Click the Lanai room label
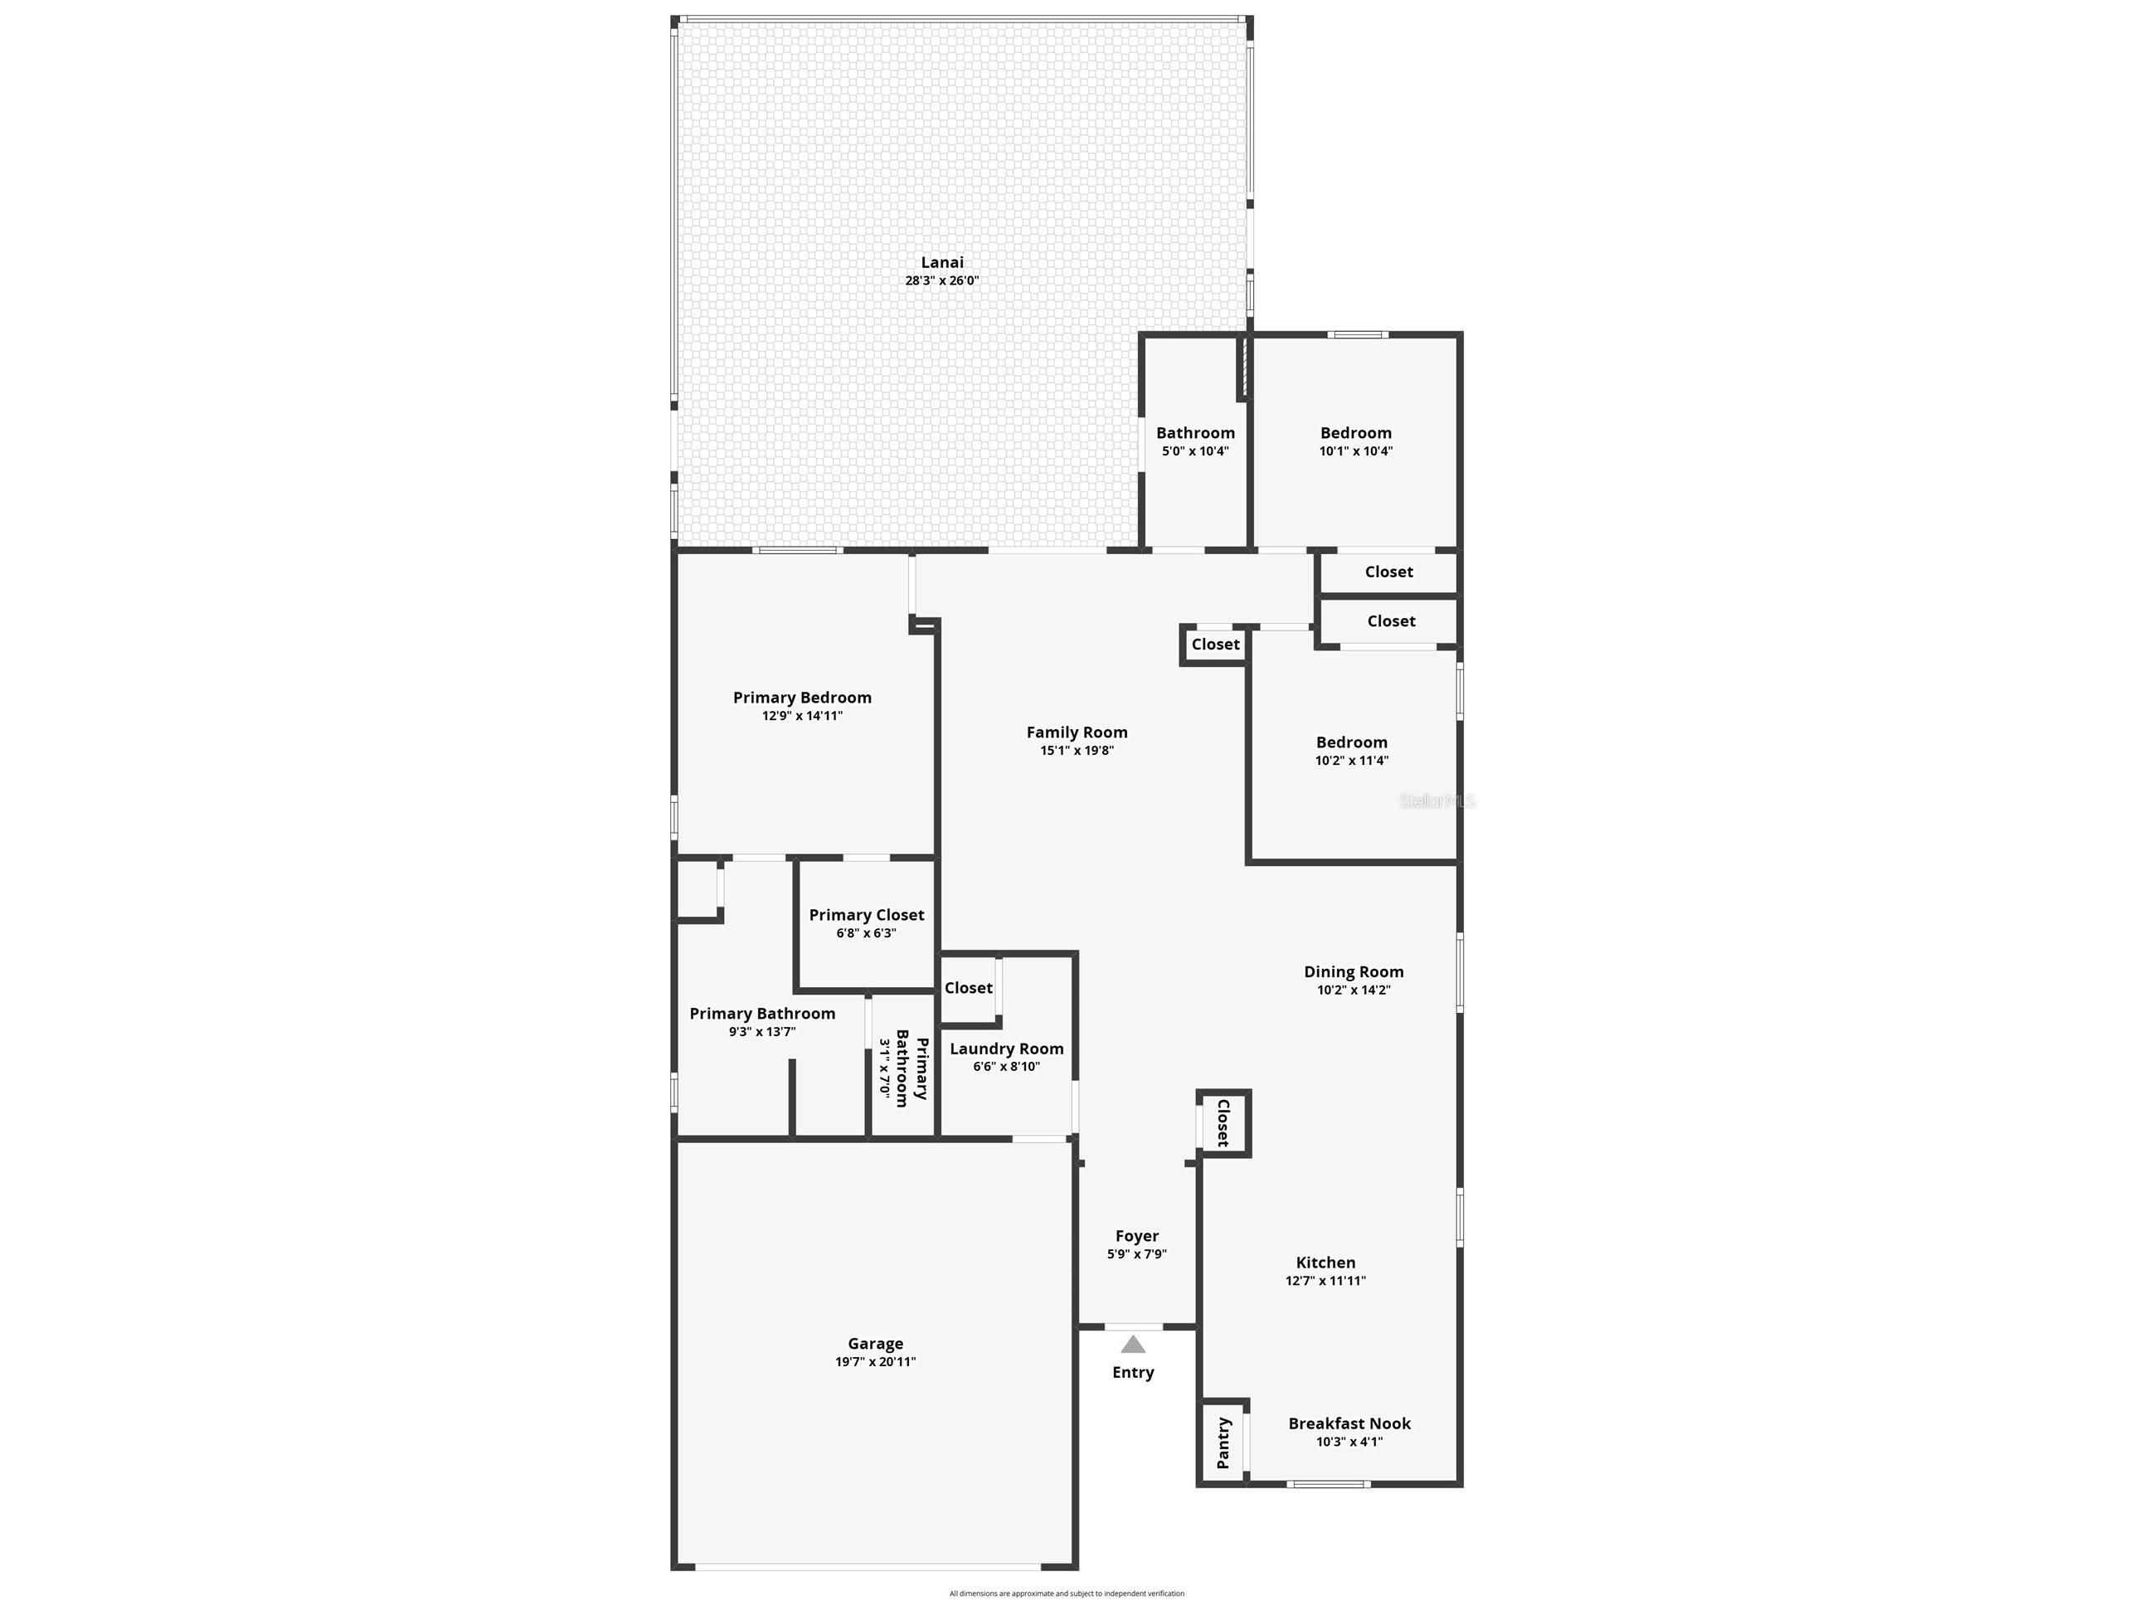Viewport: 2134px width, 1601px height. (941, 261)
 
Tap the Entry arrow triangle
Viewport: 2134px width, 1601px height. (1133, 1345)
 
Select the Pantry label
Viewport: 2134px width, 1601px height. (1223, 1443)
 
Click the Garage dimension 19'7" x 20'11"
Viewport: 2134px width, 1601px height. (875, 1361)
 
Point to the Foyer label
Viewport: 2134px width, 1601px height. (1136, 1235)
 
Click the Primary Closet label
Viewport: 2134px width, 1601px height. (867, 915)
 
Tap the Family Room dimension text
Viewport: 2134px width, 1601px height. (1077, 750)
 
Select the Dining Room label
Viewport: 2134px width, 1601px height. (1354, 971)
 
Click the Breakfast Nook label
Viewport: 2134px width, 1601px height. (1349, 1423)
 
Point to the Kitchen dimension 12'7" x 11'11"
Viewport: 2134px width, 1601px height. (1325, 1281)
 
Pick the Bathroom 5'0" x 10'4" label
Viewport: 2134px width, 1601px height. (1195, 441)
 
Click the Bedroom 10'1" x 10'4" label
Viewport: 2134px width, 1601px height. (1355, 441)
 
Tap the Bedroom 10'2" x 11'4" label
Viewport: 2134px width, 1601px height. (1352, 751)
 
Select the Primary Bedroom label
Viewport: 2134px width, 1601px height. (802, 698)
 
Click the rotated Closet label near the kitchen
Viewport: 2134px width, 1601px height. (1223, 1122)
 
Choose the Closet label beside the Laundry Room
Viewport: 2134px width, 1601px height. (968, 987)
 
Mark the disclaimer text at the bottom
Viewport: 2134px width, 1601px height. (1066, 1594)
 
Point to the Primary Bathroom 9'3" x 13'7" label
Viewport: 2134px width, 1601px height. (762, 1022)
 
